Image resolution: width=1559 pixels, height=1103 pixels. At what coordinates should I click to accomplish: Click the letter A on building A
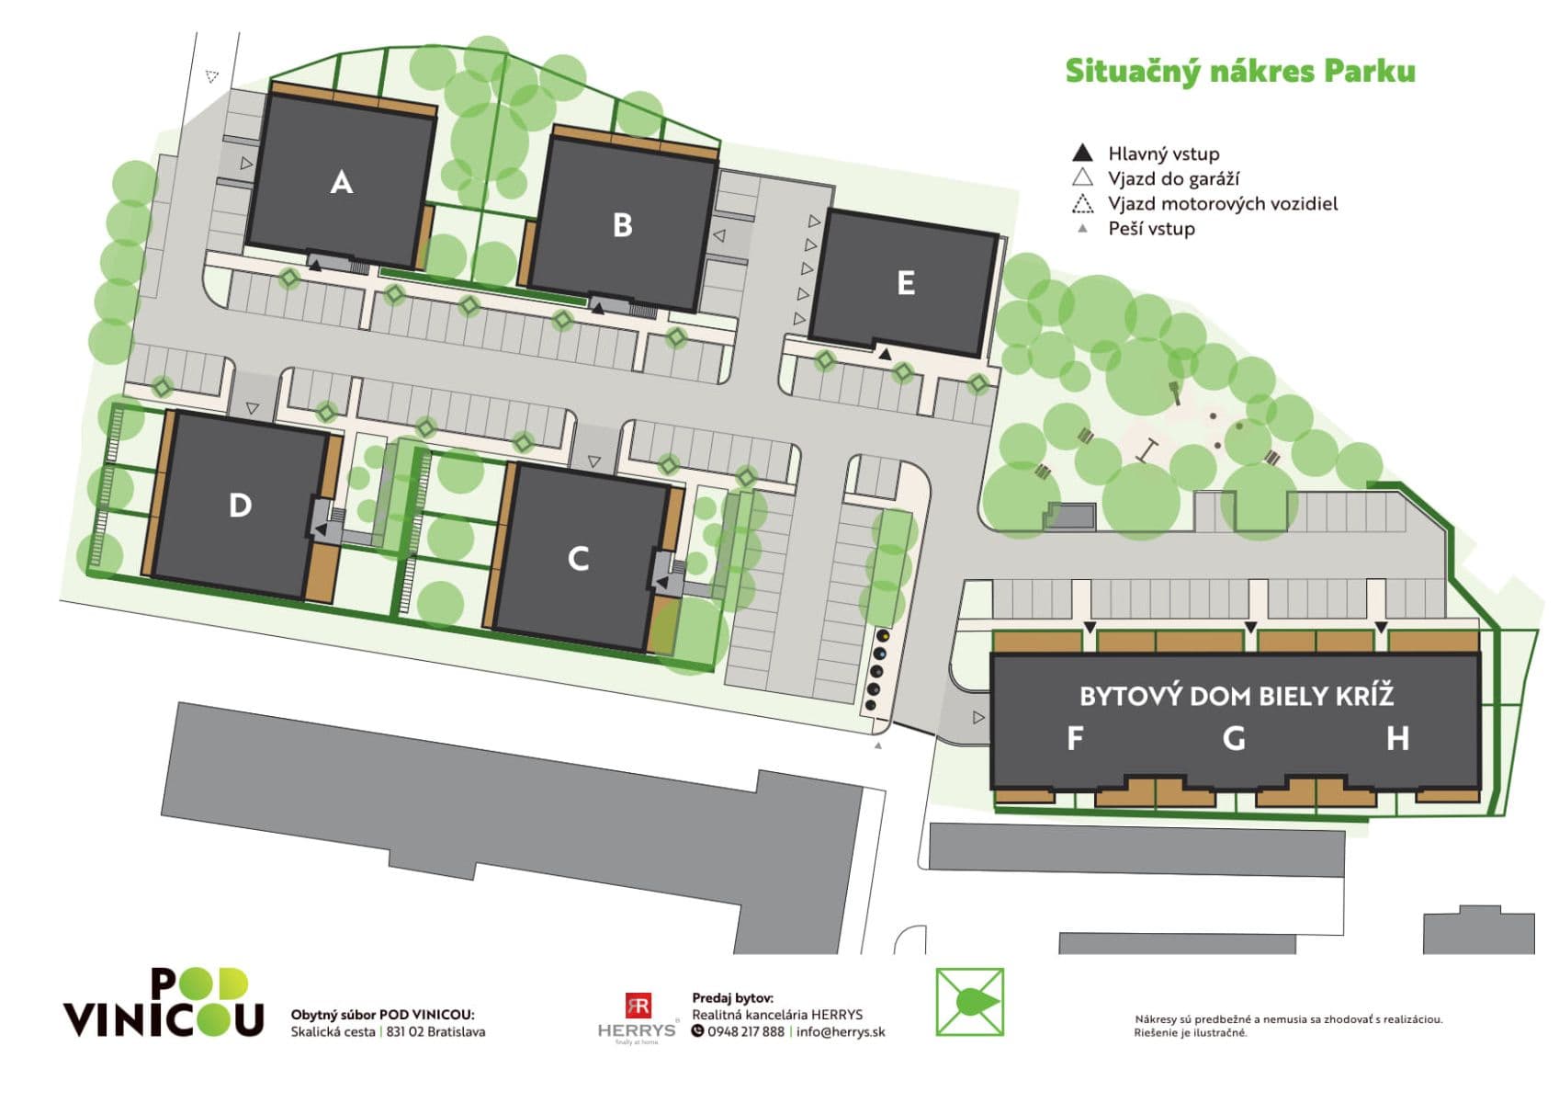(x=341, y=182)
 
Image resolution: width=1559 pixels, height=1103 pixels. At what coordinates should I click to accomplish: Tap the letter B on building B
(x=622, y=225)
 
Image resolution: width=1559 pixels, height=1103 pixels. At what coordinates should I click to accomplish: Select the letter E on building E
(x=905, y=283)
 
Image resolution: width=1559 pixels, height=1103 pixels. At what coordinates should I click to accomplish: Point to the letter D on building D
(x=240, y=505)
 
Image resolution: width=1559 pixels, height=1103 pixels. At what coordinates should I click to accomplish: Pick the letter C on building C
(x=578, y=559)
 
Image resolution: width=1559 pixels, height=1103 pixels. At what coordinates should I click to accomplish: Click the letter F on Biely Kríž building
(x=1074, y=738)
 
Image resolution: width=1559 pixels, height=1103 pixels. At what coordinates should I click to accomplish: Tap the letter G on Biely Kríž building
(x=1234, y=738)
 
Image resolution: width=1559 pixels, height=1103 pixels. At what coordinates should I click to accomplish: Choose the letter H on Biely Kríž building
(x=1397, y=738)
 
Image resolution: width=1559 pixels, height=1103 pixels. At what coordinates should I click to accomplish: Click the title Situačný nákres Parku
(x=1239, y=72)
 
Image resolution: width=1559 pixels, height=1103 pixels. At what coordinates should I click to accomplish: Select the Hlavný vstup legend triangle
(x=1083, y=153)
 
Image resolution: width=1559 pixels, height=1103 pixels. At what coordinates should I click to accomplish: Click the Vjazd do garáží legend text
(x=1173, y=178)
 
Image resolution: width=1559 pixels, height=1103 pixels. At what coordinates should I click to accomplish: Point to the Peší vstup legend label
(x=1151, y=229)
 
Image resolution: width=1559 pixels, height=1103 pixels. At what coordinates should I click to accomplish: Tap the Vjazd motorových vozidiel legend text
(x=1222, y=203)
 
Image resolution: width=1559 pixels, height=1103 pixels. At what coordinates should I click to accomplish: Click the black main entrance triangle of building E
(x=885, y=354)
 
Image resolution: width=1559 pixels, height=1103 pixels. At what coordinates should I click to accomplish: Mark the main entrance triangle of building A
(x=315, y=265)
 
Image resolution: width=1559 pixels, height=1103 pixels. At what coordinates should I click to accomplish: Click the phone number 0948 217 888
(x=745, y=1031)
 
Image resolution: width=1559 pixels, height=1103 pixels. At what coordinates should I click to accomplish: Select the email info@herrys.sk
(x=841, y=1031)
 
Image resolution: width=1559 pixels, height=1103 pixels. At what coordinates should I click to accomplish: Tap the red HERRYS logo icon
(x=638, y=1005)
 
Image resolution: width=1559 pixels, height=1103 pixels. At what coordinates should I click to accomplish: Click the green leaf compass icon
(x=969, y=1002)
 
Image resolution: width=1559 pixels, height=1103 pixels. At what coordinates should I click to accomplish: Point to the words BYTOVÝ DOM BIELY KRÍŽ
(x=1236, y=696)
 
